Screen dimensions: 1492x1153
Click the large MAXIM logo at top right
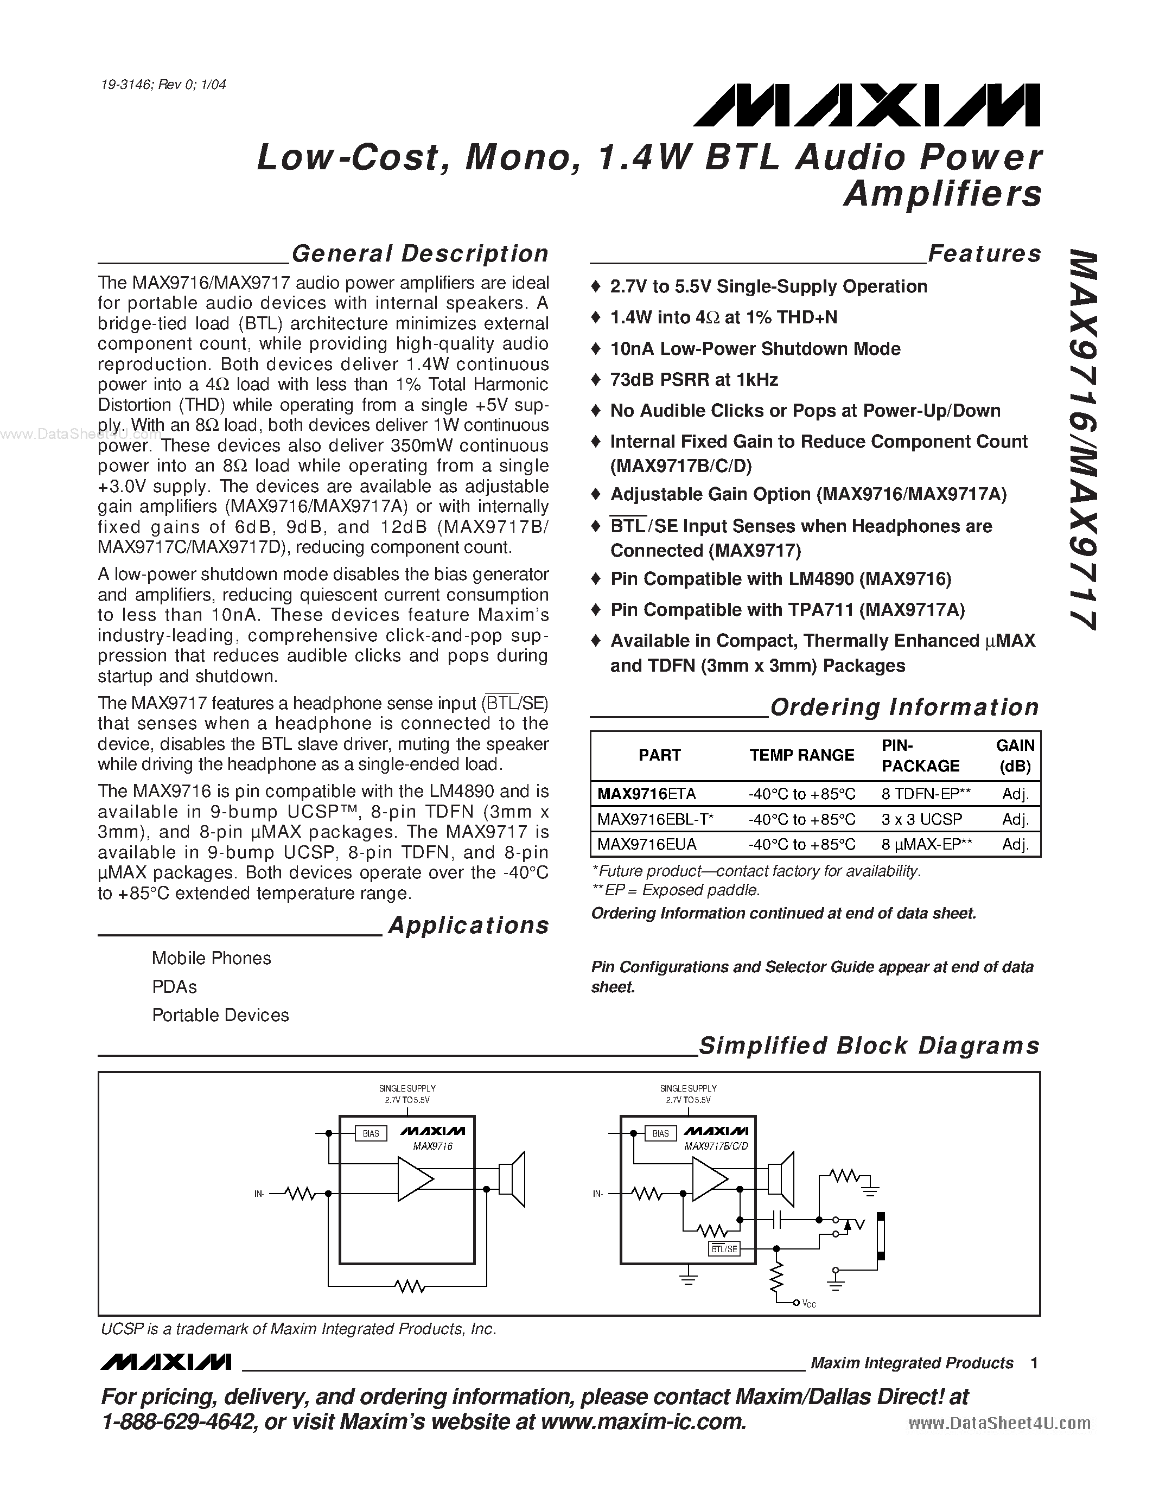865,105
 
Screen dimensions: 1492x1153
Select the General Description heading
419,253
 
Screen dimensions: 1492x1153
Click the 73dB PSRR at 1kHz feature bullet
693,380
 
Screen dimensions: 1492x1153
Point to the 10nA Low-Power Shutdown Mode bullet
755,348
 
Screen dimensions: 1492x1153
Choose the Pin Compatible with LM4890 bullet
780,579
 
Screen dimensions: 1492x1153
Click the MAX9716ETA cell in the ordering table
646,794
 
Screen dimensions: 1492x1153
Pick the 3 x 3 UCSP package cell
921,819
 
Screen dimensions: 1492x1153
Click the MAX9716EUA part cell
646,844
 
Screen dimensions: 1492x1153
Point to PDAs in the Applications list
174,986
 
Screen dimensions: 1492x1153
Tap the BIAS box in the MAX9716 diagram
371,1133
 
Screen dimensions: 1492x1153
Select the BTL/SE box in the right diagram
724,1249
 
